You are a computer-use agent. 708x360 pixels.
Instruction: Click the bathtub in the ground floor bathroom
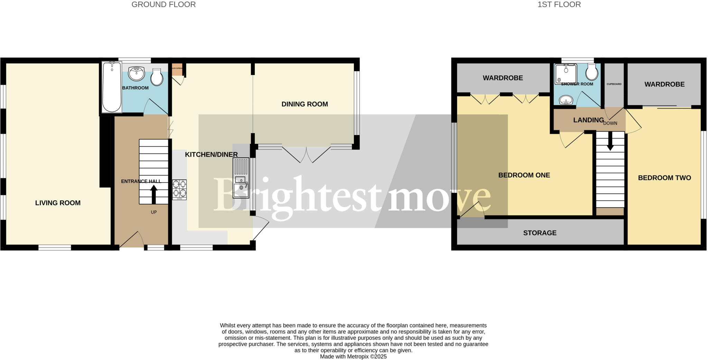coord(111,87)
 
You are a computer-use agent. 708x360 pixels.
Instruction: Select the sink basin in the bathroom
coord(136,73)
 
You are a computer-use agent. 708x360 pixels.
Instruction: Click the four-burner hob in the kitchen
coord(179,189)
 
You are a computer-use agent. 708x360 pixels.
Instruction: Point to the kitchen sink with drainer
coord(241,178)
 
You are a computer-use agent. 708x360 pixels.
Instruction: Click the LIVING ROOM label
coord(58,203)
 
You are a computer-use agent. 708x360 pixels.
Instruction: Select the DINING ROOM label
coord(305,104)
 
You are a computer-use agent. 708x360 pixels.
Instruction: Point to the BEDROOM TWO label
coord(664,178)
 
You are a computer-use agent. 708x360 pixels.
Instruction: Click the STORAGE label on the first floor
coord(540,233)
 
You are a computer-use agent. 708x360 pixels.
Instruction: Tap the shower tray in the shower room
coord(566,74)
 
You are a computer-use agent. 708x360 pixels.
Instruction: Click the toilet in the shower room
coord(592,72)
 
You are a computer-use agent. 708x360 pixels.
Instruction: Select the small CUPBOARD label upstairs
coord(614,84)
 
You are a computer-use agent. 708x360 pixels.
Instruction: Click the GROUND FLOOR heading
coord(164,4)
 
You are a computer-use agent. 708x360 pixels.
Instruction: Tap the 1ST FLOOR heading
coord(559,4)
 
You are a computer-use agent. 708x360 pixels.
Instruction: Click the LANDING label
coord(588,120)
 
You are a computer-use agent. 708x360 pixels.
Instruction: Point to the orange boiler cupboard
coord(177,69)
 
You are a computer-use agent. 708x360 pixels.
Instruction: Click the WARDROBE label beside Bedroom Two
coord(664,84)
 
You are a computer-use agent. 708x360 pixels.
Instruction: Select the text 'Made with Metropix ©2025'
coord(353,357)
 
